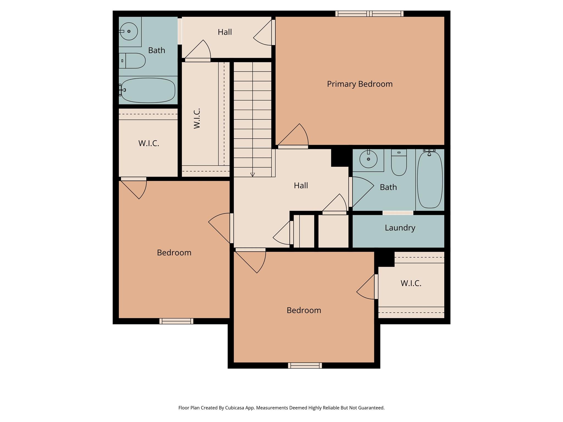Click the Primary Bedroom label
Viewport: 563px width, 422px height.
pyautogui.click(x=360, y=84)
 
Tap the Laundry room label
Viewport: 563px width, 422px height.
pyautogui.click(x=400, y=228)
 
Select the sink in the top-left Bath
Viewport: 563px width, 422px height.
pyautogui.click(x=129, y=31)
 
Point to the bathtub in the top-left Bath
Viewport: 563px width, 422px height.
pyautogui.click(x=148, y=90)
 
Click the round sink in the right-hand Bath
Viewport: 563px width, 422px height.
pyautogui.click(x=368, y=159)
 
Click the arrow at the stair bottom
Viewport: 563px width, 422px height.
pyautogui.click(x=253, y=174)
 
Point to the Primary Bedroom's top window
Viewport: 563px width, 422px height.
pyautogui.click(x=369, y=13)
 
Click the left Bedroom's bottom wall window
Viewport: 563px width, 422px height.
pyautogui.click(x=176, y=321)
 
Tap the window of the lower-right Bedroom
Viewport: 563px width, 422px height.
pyautogui.click(x=305, y=365)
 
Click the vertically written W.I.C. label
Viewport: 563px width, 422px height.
pyautogui.click(x=197, y=118)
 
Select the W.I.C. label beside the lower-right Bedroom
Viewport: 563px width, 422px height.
pyautogui.click(x=411, y=283)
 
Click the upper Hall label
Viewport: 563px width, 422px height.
pyautogui.click(x=225, y=32)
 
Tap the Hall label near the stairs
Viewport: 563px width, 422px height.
pyautogui.click(x=301, y=185)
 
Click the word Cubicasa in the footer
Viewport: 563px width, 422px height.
pyautogui.click(x=236, y=408)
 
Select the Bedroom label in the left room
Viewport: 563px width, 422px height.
pyautogui.click(x=174, y=252)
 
